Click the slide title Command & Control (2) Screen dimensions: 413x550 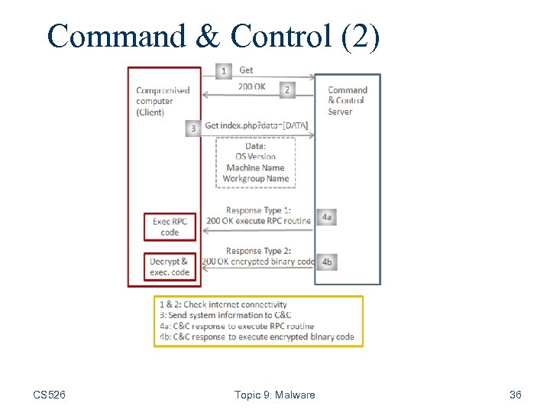point(213,36)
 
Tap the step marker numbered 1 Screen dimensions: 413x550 point(223,71)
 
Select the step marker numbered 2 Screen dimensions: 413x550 point(287,89)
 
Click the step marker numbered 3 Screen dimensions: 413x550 point(193,128)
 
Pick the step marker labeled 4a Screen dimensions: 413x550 point(326,217)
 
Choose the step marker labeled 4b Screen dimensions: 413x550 point(326,262)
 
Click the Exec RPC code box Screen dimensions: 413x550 point(170,227)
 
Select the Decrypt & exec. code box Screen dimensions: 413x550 point(170,267)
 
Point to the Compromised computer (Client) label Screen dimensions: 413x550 point(162,101)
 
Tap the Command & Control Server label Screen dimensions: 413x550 point(347,101)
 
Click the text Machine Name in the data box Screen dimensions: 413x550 point(256,167)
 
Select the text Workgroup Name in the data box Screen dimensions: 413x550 point(256,179)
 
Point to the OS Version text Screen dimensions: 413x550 point(256,157)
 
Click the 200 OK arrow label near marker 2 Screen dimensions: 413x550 point(251,86)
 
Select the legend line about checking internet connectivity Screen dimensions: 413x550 point(223,304)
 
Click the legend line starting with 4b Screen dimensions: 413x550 point(256,337)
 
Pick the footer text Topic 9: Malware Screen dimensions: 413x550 point(274,395)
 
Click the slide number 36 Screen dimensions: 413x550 point(516,395)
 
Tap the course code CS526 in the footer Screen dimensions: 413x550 point(49,395)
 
